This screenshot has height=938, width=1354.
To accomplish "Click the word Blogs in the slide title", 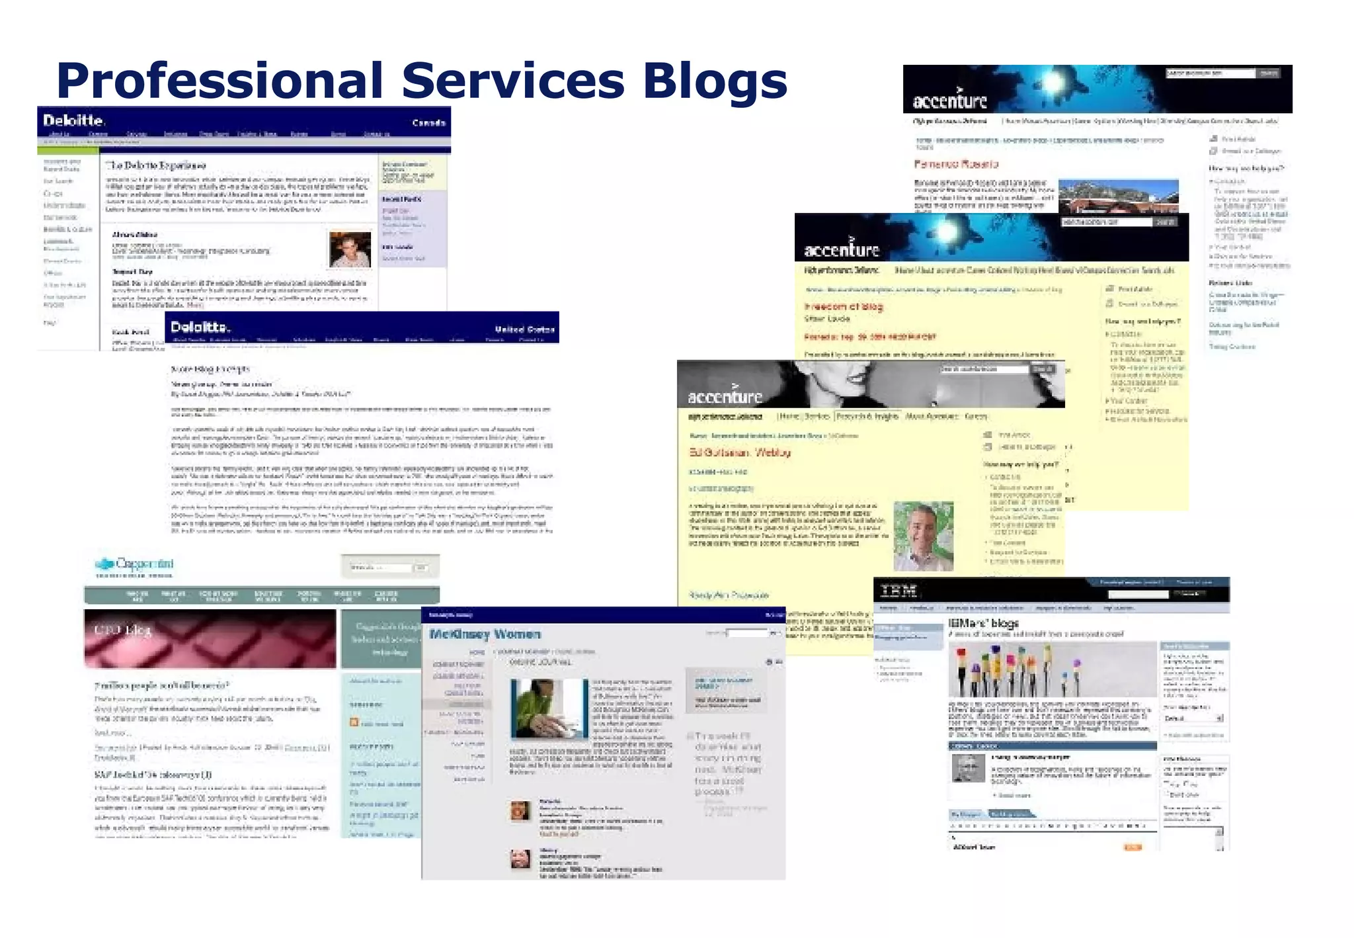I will tap(715, 81).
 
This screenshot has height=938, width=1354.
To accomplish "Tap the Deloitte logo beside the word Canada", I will tap(73, 120).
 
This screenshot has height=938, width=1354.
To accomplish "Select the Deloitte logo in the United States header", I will tap(200, 327).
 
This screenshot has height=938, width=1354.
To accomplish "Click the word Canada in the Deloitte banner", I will tap(428, 123).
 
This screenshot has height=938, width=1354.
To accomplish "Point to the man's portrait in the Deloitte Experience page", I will tap(350, 249).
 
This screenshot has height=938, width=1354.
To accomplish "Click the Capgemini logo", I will tap(136, 565).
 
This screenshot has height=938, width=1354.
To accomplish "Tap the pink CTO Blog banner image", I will tap(210, 638).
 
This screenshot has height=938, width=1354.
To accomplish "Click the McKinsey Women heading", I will tap(485, 634).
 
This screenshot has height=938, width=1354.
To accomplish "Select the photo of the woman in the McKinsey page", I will tap(549, 708).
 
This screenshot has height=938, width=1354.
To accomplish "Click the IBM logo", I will tap(899, 591).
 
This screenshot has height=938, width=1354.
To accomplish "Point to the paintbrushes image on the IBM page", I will tap(1053, 669).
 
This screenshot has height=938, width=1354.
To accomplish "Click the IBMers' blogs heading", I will tap(983, 623).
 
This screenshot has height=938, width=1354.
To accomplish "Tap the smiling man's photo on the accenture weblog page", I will tap(923, 536).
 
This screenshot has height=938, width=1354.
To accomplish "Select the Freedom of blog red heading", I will tap(843, 306).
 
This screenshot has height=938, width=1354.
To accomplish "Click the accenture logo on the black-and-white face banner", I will tap(725, 396).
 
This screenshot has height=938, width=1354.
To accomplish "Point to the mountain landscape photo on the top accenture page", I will tap(1118, 196).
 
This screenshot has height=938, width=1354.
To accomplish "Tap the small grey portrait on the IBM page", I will tap(968, 768).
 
